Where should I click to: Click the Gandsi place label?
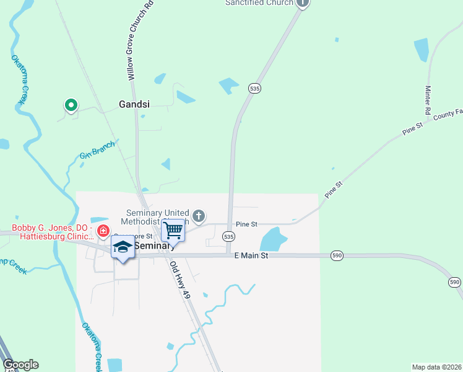134,105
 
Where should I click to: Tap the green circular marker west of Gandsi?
71,105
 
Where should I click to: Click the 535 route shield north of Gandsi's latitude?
254,89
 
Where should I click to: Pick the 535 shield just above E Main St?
229,237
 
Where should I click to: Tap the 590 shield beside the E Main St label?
337,255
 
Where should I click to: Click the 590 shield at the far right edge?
454,282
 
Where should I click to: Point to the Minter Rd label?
428,100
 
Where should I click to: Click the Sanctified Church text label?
258,3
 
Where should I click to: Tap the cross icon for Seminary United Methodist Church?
198,216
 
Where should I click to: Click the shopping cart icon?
174,231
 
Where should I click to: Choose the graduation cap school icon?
123,247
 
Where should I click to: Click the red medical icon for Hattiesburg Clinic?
103,232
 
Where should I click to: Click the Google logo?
20,365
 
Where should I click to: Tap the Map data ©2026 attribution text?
436,367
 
